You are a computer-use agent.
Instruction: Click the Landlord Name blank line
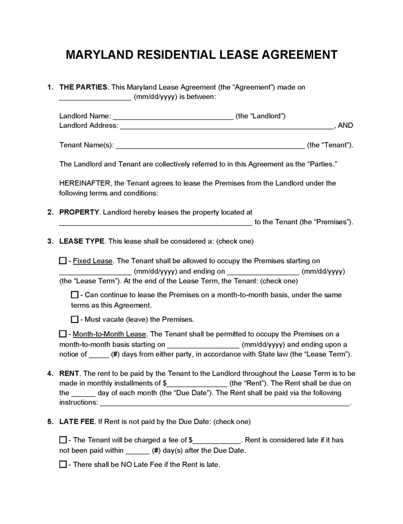click(x=173, y=117)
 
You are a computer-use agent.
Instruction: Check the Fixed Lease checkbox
click(x=63, y=261)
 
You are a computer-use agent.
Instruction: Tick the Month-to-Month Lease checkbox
click(x=63, y=334)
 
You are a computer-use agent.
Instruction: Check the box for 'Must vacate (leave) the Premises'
click(x=75, y=319)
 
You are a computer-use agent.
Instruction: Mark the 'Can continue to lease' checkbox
click(x=75, y=295)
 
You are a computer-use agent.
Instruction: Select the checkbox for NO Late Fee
click(x=63, y=464)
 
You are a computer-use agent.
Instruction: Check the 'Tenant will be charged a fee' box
click(x=63, y=440)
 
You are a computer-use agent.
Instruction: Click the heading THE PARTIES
click(x=83, y=87)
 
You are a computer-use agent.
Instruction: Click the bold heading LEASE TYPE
click(x=82, y=241)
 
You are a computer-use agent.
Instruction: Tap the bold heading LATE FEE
click(x=76, y=422)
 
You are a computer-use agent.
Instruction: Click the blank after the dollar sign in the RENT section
click(x=197, y=383)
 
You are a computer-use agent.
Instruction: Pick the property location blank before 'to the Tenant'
click(x=156, y=223)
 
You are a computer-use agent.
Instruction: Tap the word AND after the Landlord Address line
click(x=346, y=126)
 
